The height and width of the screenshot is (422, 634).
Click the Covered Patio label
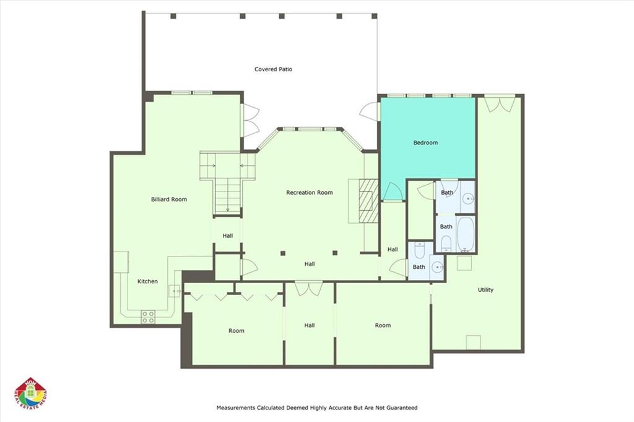(x=273, y=69)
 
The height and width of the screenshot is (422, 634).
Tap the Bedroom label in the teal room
(x=425, y=143)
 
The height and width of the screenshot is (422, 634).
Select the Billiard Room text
(x=169, y=200)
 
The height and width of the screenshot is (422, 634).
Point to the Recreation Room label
(x=309, y=193)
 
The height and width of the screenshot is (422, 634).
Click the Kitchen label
(x=147, y=281)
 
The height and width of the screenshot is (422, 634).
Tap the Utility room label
(x=485, y=290)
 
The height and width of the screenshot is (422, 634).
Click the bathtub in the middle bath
(x=465, y=233)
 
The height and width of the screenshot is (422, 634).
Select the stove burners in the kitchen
(x=148, y=317)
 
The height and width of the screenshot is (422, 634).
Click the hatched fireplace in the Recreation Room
(x=368, y=200)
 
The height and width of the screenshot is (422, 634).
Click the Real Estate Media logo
(x=31, y=394)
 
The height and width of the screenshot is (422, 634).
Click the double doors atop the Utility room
(x=499, y=103)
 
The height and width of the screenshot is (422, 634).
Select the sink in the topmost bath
(x=467, y=199)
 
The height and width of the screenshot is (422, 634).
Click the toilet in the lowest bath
(x=419, y=252)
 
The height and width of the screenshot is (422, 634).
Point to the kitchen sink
(x=174, y=289)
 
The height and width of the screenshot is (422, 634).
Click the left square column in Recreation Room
(x=283, y=253)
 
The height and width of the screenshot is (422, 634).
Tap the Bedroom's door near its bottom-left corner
(x=392, y=192)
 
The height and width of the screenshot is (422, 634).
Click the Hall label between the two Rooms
(x=310, y=325)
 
